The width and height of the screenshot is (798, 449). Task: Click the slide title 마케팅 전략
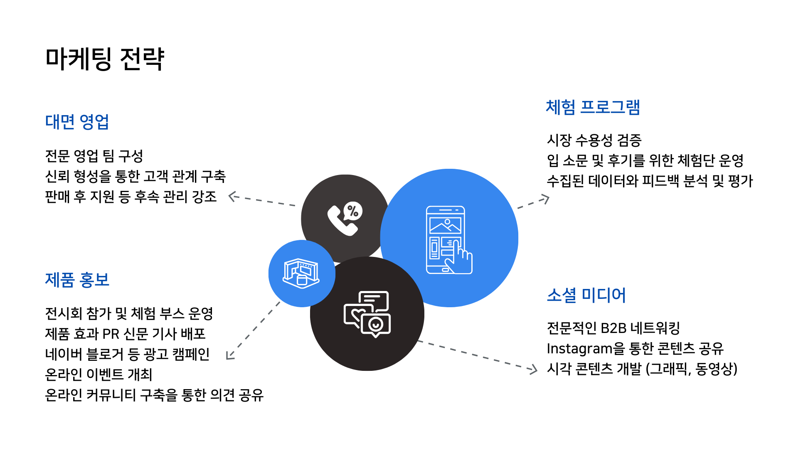click(105, 59)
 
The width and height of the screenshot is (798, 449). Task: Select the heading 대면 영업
click(77, 122)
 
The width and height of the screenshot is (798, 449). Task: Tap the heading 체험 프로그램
click(593, 107)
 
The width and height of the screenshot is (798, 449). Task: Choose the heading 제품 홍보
click(77, 280)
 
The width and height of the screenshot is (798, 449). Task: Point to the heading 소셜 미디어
click(586, 295)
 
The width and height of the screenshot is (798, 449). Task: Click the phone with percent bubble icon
click(345, 219)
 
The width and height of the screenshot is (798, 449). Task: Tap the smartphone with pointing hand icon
click(449, 240)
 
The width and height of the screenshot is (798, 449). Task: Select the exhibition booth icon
click(301, 273)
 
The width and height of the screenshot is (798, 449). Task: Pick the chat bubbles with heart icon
click(367, 314)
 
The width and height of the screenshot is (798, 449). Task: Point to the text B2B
click(613, 328)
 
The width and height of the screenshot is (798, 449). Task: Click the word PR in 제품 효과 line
click(111, 334)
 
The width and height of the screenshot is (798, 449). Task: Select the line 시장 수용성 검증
click(594, 141)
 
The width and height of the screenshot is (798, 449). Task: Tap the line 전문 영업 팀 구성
click(94, 156)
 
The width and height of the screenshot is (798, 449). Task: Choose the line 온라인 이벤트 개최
click(99, 375)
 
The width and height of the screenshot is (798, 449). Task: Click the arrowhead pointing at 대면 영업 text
click(232, 196)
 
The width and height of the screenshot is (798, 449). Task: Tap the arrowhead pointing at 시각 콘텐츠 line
click(533, 369)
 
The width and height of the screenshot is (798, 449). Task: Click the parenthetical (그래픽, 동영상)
click(691, 369)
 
